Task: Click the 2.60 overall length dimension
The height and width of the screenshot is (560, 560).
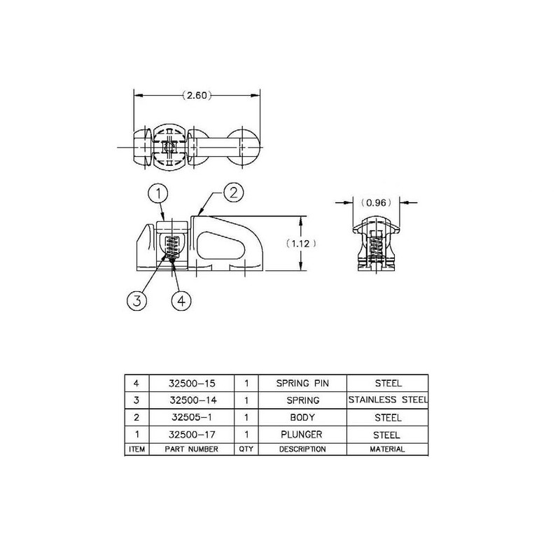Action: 197,95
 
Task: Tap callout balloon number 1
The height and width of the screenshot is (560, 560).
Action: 160,192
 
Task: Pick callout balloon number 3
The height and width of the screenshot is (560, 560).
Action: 136,301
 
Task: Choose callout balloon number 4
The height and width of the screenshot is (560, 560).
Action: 181,301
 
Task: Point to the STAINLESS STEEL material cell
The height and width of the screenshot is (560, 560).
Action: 387,400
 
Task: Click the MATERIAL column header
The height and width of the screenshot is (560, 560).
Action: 387,449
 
